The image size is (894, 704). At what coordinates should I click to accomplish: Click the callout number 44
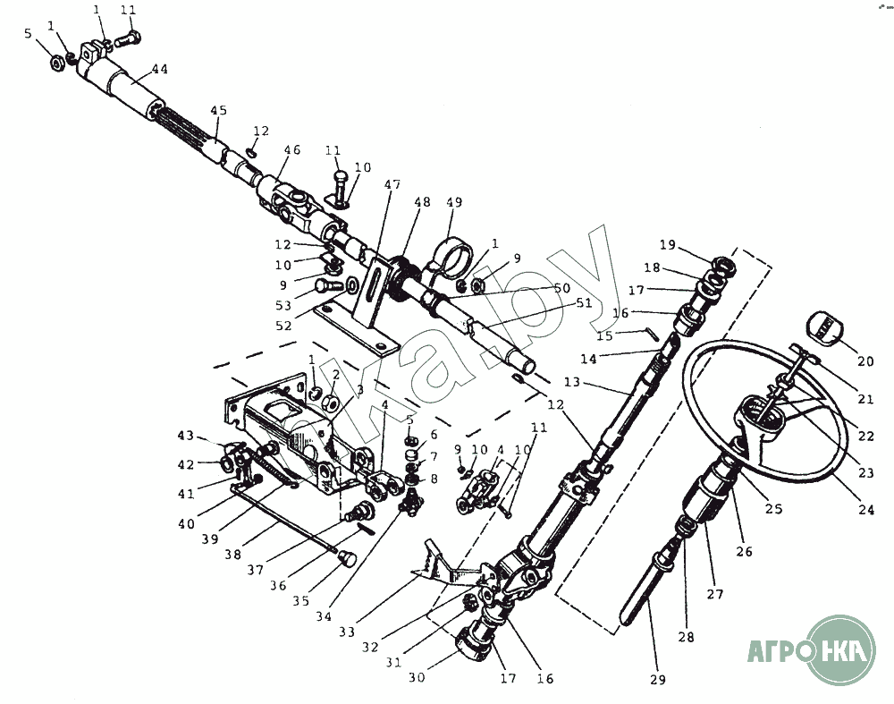coord(160,69)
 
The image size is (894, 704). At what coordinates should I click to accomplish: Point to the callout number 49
coord(454,202)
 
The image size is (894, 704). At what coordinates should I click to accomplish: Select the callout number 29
coord(658,681)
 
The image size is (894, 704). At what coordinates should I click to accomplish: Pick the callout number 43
coord(185,436)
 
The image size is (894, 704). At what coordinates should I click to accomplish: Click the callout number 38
coord(233,554)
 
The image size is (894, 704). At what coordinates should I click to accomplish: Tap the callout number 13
coord(571,382)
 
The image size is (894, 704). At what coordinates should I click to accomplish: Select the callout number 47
coord(392,184)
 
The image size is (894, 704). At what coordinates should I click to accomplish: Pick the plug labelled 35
coord(347,559)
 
